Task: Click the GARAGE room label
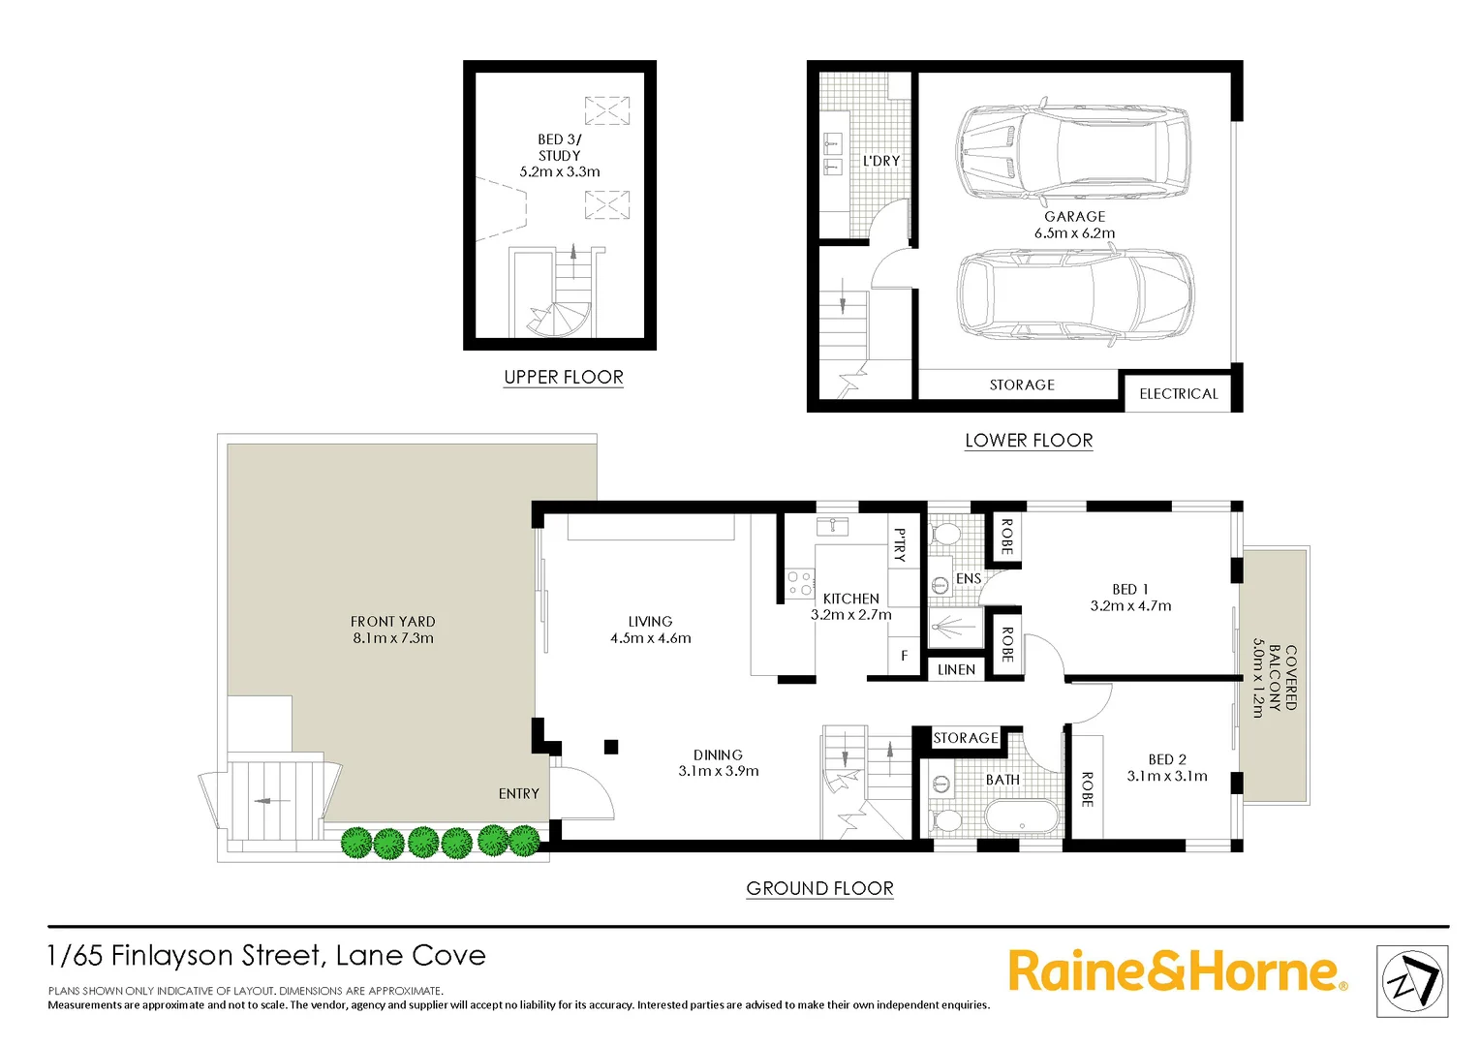(1074, 217)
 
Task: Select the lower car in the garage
(1074, 293)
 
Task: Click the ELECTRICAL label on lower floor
(1179, 394)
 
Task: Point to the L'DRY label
(881, 161)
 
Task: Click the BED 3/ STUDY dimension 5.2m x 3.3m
(560, 172)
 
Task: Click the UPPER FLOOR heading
(564, 378)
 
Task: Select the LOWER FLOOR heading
(1029, 441)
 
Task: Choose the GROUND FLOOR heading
(819, 889)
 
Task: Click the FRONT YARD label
(392, 622)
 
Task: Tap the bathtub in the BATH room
(1023, 816)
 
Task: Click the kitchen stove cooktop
(799, 583)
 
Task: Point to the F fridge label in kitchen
(905, 656)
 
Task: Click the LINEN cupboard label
(956, 670)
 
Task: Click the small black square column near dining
(611, 747)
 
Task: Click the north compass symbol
(1412, 981)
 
